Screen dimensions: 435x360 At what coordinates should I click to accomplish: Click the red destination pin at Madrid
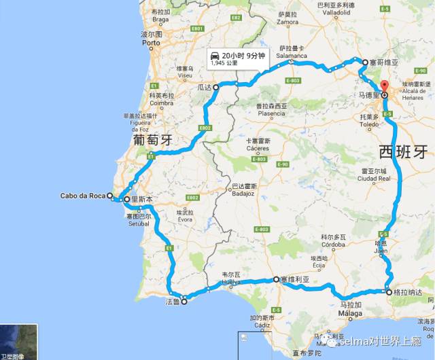[383, 87]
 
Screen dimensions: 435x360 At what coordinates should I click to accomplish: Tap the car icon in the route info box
[215, 55]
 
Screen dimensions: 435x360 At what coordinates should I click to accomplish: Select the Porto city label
[151, 43]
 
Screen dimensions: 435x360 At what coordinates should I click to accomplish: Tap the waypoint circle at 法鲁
[184, 303]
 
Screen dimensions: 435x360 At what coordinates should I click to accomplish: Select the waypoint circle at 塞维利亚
[275, 279]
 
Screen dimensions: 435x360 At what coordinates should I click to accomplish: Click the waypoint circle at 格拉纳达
[388, 293]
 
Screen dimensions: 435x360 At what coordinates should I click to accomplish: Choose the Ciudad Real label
[372, 178]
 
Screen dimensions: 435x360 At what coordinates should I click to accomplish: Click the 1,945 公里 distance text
[225, 63]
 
